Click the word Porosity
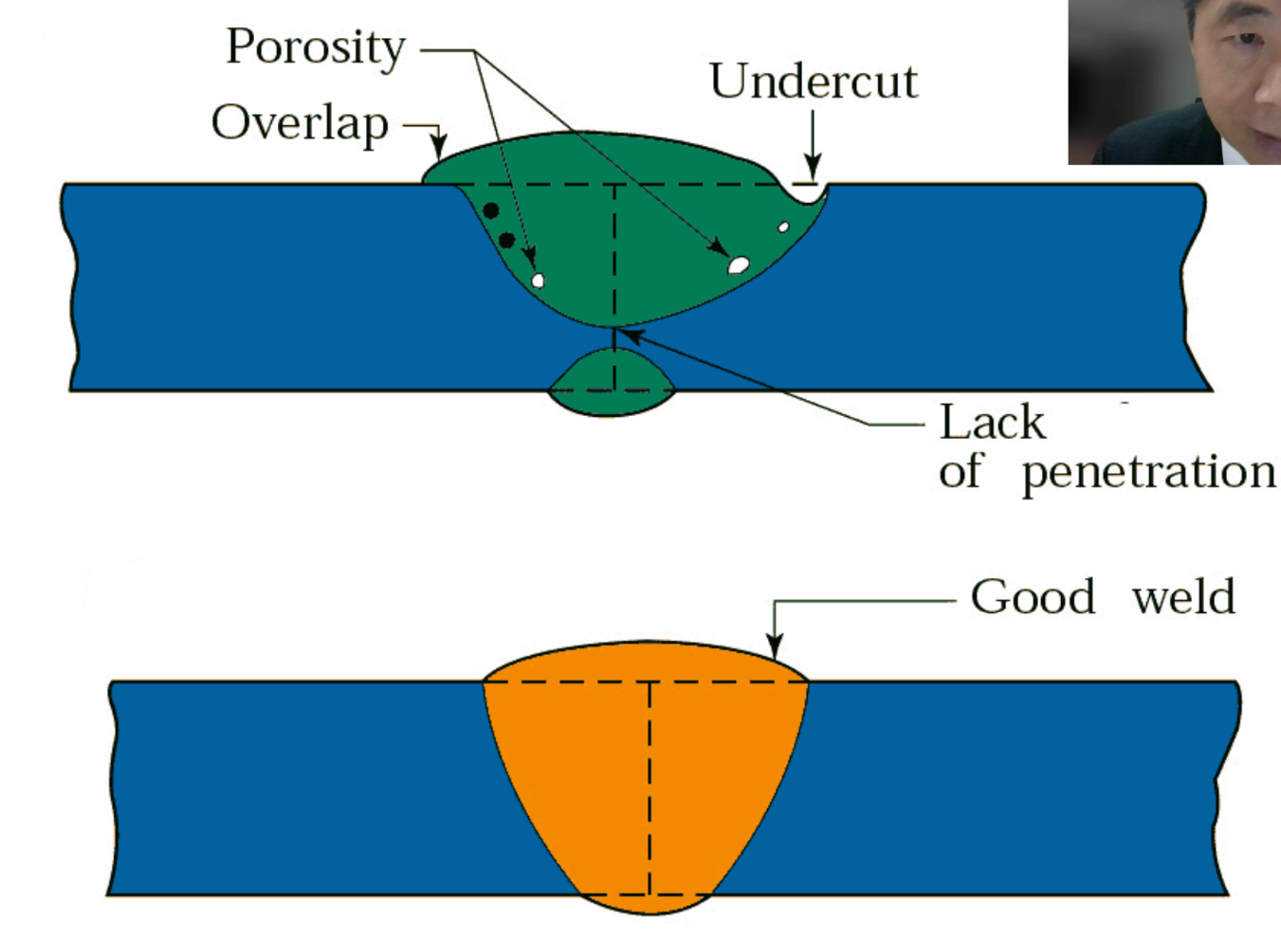pyautogui.click(x=316, y=47)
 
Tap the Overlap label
pyautogui.click(x=300, y=123)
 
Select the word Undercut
pyautogui.click(x=813, y=82)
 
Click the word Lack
pyautogui.click(x=992, y=423)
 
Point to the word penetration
pyautogui.click(x=1148, y=471)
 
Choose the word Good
pyautogui.click(x=1033, y=597)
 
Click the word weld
pyautogui.click(x=1183, y=597)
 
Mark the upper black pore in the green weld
pyautogui.click(x=490, y=210)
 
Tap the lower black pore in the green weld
pyautogui.click(x=506, y=240)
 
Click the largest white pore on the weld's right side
pyautogui.click(x=738, y=265)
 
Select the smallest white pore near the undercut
pyautogui.click(x=783, y=227)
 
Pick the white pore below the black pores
pyautogui.click(x=538, y=280)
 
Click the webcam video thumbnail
pyautogui.click(x=1174, y=82)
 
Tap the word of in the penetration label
pyautogui.click(x=960, y=471)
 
